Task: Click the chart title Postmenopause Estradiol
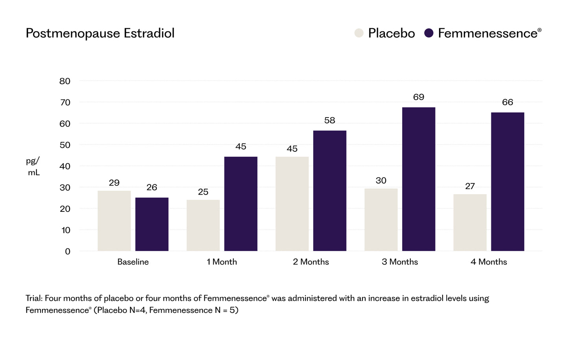pyautogui.click(x=100, y=33)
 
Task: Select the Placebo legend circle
pyautogui.click(x=359, y=33)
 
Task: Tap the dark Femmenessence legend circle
pyautogui.click(x=429, y=33)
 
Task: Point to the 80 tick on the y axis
pyautogui.click(x=65, y=81)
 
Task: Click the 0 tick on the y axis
pyautogui.click(x=68, y=252)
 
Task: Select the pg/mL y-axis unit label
pyautogui.click(x=33, y=167)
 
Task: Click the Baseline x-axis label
pyautogui.click(x=133, y=262)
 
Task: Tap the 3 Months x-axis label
pyautogui.click(x=400, y=262)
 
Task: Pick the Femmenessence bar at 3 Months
pyautogui.click(x=419, y=179)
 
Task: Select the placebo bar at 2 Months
pyautogui.click(x=292, y=204)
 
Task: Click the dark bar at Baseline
pyautogui.click(x=152, y=224)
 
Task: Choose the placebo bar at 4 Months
pyautogui.click(x=470, y=222)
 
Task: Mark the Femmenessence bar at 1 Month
pyautogui.click(x=241, y=204)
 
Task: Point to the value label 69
pyautogui.click(x=419, y=97)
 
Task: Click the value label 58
pyautogui.click(x=329, y=120)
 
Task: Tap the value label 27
pyautogui.click(x=470, y=186)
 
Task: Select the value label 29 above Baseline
pyautogui.click(x=114, y=183)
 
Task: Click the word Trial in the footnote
pyautogui.click(x=34, y=298)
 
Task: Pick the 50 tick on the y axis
pyautogui.click(x=65, y=145)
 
